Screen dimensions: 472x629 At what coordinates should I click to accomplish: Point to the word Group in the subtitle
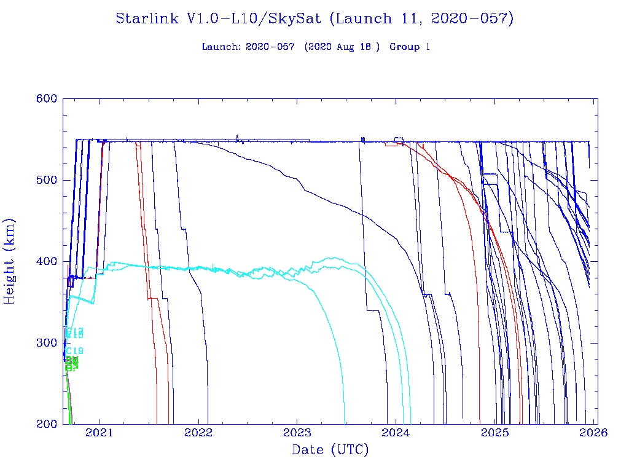pyautogui.click(x=404, y=47)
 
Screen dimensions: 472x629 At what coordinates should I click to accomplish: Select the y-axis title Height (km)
pyautogui.click(x=10, y=261)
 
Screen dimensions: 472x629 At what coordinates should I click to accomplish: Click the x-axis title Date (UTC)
pyautogui.click(x=330, y=450)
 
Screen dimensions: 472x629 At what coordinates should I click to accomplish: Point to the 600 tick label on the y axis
pyautogui.click(x=47, y=99)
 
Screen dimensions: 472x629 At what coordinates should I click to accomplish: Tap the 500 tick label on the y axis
pyautogui.click(x=47, y=180)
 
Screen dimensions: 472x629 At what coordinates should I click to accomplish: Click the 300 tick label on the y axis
pyautogui.click(x=47, y=343)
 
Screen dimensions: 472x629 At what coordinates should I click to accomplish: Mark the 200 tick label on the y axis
pyautogui.click(x=47, y=424)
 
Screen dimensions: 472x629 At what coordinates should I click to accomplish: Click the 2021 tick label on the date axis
pyautogui.click(x=100, y=433)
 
